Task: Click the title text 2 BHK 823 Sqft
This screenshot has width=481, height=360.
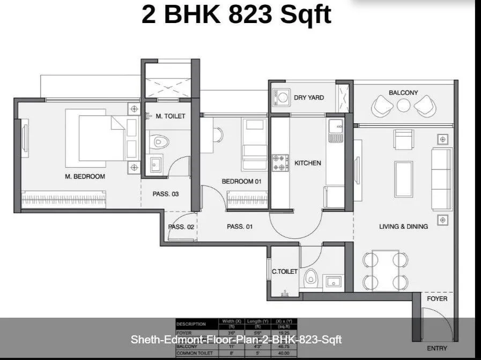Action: coord(236,14)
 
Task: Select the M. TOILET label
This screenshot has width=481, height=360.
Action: coord(171,116)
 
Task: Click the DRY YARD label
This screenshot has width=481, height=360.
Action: coord(309,97)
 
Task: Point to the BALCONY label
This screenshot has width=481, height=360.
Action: coord(403,93)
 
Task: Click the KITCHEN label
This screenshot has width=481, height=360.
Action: coord(308,163)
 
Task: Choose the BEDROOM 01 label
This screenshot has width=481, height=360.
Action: coord(241,182)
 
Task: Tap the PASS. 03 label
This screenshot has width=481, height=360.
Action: coord(166,194)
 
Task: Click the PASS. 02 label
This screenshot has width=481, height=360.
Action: coord(181,227)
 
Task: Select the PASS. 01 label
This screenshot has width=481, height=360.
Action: coord(240,227)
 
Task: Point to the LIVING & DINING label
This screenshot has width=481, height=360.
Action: coord(403,227)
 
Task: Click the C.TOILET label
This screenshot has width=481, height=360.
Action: coord(285,272)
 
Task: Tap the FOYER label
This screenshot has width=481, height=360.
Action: coord(437,298)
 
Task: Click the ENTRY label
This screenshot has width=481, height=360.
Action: coord(437,348)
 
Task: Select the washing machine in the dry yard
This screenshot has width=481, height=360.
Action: coord(282,97)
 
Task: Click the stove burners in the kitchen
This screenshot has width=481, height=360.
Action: coord(280,163)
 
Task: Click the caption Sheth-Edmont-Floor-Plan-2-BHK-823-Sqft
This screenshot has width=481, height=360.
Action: coord(236,340)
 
